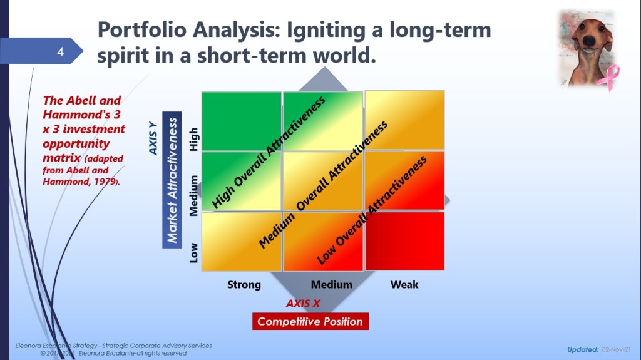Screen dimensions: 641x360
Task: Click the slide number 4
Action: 61,52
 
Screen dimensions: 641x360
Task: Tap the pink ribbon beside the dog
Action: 608,78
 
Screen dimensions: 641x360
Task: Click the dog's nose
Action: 589,40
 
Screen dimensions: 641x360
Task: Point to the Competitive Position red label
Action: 310,322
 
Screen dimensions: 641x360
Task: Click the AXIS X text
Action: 303,303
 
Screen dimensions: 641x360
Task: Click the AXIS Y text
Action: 153,138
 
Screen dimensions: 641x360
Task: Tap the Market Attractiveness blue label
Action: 172,180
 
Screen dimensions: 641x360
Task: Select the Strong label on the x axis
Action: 244,285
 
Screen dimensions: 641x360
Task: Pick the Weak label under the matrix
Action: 404,285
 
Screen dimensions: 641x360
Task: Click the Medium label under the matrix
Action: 332,285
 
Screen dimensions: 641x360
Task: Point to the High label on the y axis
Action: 194,139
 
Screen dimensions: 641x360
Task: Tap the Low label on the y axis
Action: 194,253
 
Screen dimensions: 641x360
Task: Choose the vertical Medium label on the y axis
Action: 194,195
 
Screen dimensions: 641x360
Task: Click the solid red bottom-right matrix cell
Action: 405,241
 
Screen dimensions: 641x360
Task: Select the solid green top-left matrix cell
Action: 242,121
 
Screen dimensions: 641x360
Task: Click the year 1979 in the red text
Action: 105,182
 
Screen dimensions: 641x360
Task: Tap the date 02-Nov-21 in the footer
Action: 617,350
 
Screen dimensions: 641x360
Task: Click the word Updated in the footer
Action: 583,350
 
